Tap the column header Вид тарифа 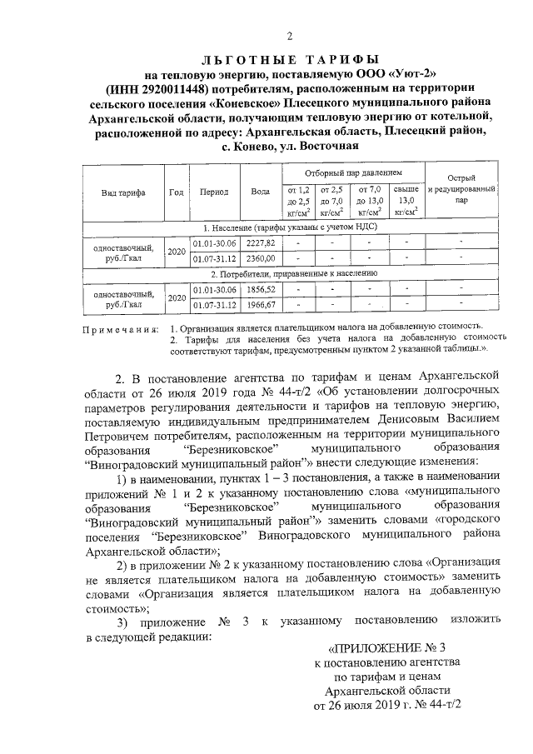[x=123, y=192]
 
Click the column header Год [x=177, y=192]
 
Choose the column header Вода [x=260, y=192]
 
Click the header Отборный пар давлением [x=352, y=172]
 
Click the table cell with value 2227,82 [x=260, y=242]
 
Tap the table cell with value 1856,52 [x=260, y=288]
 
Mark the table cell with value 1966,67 [x=260, y=304]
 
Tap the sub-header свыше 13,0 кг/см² [x=406, y=200]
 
